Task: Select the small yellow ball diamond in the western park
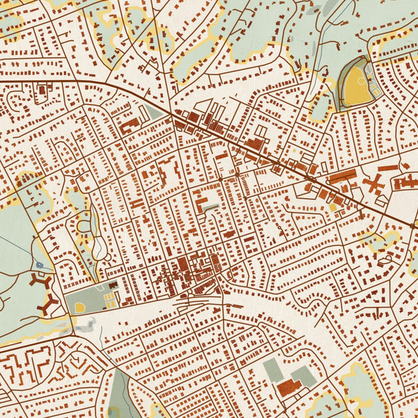pyautogui.click(x=80, y=307)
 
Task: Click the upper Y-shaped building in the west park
pyautogui.click(x=38, y=281)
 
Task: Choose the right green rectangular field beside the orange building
pyautogui.click(x=304, y=378)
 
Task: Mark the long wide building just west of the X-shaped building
pyautogui.click(x=342, y=176)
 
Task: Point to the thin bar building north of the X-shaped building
pyautogui.click(x=388, y=169)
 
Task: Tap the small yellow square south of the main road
pyautogui.click(x=333, y=207)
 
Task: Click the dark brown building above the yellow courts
pyautogui.click(x=112, y=285)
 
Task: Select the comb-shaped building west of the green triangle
pyautogui.click(x=130, y=126)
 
